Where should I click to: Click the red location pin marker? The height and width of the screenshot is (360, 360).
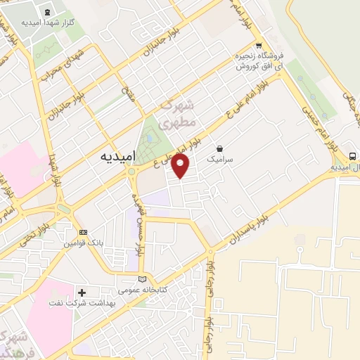pos(181,166)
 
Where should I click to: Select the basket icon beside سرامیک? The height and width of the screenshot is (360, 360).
pos(221,148)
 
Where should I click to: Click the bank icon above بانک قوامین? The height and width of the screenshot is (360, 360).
pos(83,232)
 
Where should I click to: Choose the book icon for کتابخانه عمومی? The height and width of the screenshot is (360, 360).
pos(142,278)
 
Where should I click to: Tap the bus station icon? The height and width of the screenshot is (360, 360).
pos(352,155)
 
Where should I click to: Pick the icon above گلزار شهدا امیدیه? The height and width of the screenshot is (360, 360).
pos(47,11)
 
